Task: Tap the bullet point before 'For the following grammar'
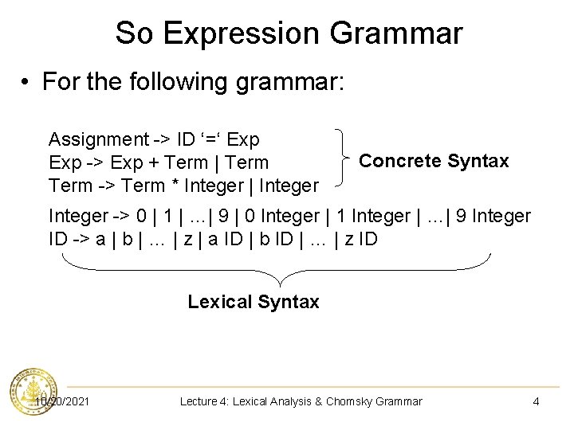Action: (x=26, y=82)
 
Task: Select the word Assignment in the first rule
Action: (x=98, y=140)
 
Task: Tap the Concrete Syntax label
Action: (x=434, y=161)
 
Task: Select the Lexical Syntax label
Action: (x=254, y=302)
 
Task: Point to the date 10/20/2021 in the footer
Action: (x=62, y=401)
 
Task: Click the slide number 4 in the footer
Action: (x=536, y=401)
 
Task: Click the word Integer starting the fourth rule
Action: (x=76, y=216)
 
